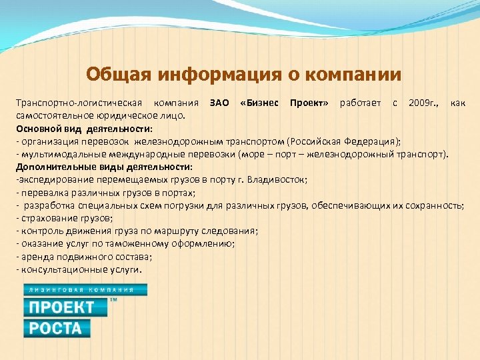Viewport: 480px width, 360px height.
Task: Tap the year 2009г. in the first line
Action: click(423, 103)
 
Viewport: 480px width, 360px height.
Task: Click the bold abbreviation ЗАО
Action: click(219, 103)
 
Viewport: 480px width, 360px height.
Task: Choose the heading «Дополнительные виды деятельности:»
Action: click(104, 167)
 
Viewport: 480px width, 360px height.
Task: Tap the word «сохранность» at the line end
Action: click(436, 205)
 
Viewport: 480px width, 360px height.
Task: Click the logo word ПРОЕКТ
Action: click(61, 307)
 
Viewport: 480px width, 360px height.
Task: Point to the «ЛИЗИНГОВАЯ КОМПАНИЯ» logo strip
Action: click(85, 289)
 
